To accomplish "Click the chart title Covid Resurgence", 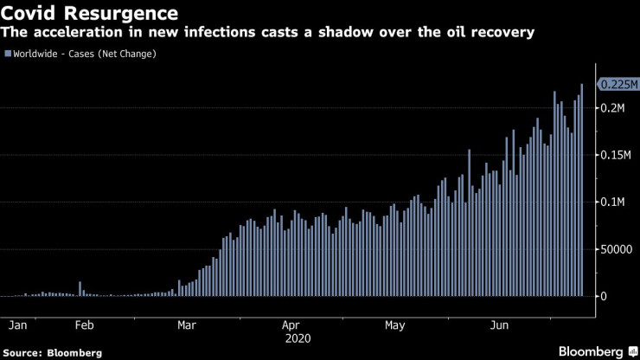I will pos(90,13).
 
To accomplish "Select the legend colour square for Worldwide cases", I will pos(8,54).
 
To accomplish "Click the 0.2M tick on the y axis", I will pos(614,108).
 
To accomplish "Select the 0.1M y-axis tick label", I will pos(614,202).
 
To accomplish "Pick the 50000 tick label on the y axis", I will pos(618,249).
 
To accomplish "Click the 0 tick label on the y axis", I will pos(605,296).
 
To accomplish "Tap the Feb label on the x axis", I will pos(84,326).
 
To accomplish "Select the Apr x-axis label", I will pos(291,326).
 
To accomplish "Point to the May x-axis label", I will pos(394,326).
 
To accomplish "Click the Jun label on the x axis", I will pos(498,326).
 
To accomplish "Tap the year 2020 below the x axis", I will pos(291,339).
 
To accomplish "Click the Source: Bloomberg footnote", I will pos(53,352).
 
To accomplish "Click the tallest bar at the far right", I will pos(582,190).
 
